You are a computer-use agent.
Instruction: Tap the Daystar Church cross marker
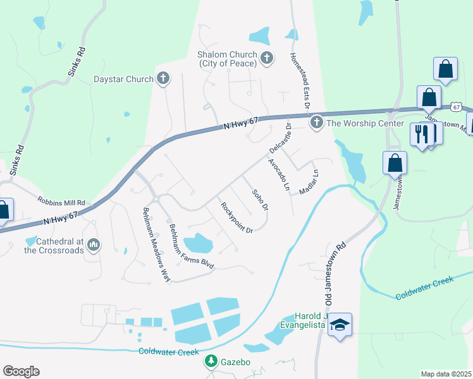tap(163, 79)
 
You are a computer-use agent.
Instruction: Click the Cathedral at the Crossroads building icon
tap(94, 244)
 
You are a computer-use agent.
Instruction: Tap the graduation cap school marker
tap(340, 325)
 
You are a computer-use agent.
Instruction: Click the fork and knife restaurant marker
tap(420, 134)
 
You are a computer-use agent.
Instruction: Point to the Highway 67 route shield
tap(455, 108)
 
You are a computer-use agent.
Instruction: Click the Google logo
tap(21, 371)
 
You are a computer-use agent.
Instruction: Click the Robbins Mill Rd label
tap(61, 202)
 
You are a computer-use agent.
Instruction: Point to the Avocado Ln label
tap(278, 175)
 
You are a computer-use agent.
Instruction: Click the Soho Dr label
tap(260, 200)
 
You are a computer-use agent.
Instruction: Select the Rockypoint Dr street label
tap(236, 217)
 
